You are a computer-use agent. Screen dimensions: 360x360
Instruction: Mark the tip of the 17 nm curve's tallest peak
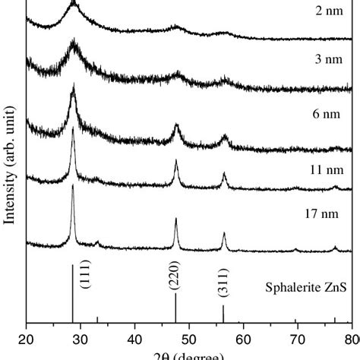73,185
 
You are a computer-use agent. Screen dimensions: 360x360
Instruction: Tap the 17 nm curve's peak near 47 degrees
175,219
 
